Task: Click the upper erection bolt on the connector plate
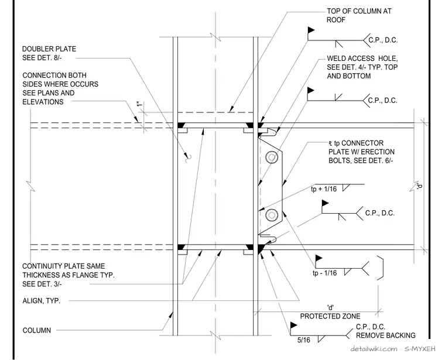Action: (272, 157)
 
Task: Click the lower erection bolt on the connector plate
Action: (272, 215)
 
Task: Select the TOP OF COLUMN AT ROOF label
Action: (359, 15)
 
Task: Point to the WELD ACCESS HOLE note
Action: (362, 67)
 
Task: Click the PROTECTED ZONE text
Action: (330, 316)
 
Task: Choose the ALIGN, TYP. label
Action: (42, 301)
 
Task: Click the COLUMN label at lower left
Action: (37, 330)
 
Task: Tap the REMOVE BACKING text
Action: (385, 335)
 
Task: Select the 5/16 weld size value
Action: (303, 340)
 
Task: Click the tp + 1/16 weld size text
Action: (324, 189)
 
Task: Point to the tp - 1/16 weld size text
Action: (324, 273)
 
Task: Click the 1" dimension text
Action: (140, 104)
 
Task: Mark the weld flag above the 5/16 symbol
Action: (293, 325)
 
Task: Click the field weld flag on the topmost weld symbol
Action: (311, 30)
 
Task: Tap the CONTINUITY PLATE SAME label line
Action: (64, 266)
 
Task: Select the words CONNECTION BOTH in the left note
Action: (54, 75)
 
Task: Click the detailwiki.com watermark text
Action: (374, 349)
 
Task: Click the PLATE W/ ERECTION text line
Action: (362, 152)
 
